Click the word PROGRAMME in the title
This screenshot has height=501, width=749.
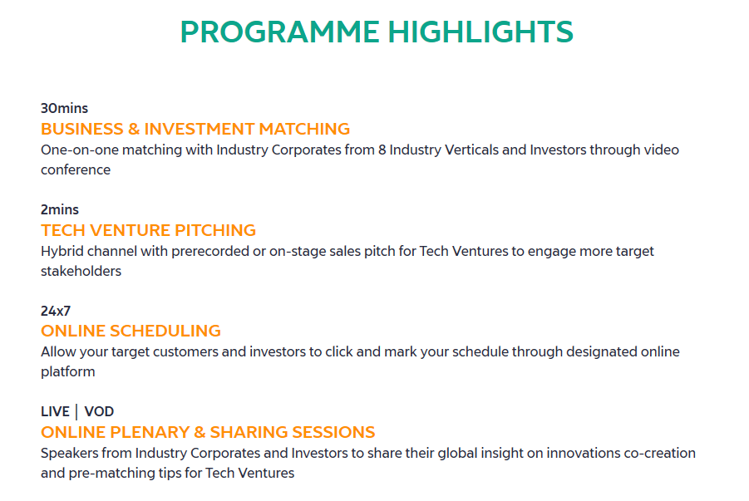click(280, 32)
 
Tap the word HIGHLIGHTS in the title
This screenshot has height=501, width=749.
click(480, 32)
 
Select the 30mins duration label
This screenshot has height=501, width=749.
click(65, 108)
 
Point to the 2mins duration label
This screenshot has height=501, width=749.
click(60, 209)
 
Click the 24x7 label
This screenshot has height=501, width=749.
click(56, 311)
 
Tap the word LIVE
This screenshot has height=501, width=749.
click(56, 412)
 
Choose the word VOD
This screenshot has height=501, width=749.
click(99, 412)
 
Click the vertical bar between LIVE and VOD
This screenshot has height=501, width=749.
click(76, 412)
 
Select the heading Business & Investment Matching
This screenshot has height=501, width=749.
click(195, 129)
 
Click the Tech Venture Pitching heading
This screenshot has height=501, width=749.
click(149, 230)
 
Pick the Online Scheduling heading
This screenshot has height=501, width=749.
click(131, 331)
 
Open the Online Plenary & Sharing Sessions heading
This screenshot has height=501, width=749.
click(208, 432)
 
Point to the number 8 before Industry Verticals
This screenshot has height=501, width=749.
click(382, 150)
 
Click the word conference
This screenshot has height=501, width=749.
click(76, 170)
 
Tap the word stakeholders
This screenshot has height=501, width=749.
click(81, 272)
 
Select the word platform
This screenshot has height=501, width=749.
click(68, 372)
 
